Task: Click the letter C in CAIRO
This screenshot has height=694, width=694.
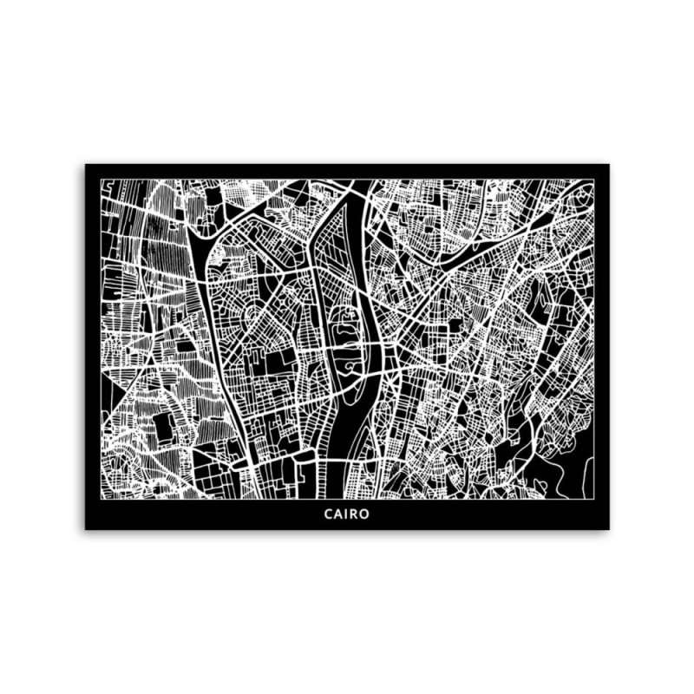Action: (x=329, y=514)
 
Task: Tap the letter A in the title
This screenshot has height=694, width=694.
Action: (x=339, y=514)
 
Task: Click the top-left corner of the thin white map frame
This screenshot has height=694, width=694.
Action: (x=100, y=180)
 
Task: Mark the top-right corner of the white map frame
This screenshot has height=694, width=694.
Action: (x=594, y=180)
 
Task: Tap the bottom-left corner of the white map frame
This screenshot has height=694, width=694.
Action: (x=100, y=501)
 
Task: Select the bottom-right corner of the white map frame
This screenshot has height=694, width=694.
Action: (x=594, y=501)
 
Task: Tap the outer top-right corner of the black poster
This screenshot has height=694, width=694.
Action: (x=609, y=164)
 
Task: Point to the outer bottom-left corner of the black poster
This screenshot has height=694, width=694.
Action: (x=85, y=529)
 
